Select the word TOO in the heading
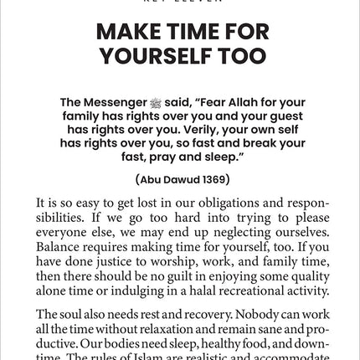[243, 57]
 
